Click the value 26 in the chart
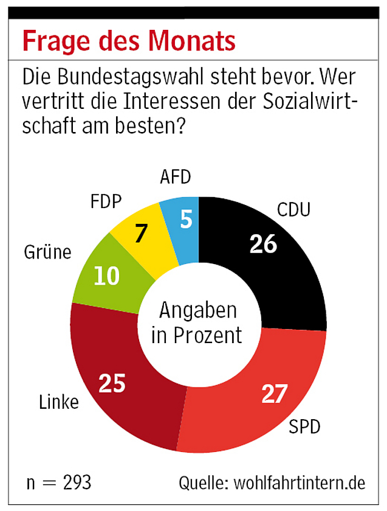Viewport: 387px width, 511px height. [x=262, y=243]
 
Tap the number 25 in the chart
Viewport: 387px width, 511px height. [x=112, y=383]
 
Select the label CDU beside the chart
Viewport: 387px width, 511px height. [x=293, y=210]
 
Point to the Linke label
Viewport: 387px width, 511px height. [x=58, y=402]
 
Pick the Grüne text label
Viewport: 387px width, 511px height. [x=48, y=251]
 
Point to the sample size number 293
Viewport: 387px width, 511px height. [x=77, y=483]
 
